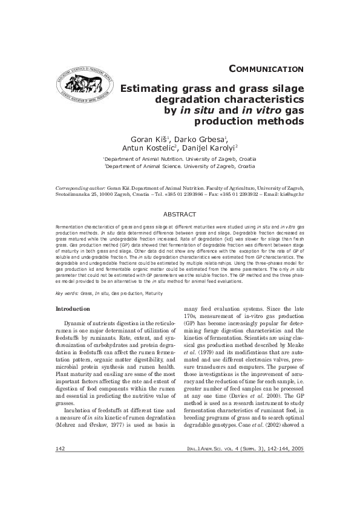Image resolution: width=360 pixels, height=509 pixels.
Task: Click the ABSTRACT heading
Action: pos(180,214)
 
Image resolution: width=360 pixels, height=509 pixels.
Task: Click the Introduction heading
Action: pos(73,309)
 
